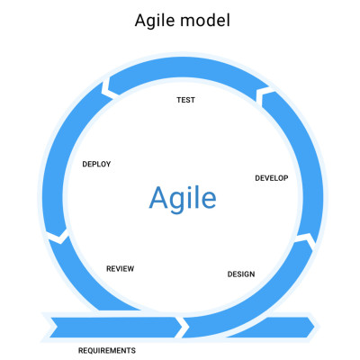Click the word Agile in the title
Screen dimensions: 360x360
pyautogui.click(x=155, y=21)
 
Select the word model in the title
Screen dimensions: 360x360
pyautogui.click(x=205, y=21)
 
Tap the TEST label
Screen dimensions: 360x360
pyautogui.click(x=185, y=100)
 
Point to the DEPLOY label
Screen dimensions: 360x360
pyautogui.click(x=96, y=164)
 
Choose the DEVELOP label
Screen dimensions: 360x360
pyautogui.click(x=272, y=178)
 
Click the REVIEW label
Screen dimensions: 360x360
pyautogui.click(x=120, y=269)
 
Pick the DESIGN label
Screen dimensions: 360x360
pyautogui.click(x=241, y=274)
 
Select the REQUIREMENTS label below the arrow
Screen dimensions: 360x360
pyautogui.click(x=107, y=350)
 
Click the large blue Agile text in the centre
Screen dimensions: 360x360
pyautogui.click(x=183, y=198)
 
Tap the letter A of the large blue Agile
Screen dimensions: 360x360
pyautogui.click(x=158, y=197)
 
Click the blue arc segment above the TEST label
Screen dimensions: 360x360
pyautogui.click(x=184, y=68)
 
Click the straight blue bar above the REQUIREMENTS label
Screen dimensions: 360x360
pyautogui.click(x=115, y=327)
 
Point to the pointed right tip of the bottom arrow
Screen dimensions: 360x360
pyautogui.click(x=315, y=327)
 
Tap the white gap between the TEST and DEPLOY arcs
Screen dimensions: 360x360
pyautogui.click(x=107, y=89)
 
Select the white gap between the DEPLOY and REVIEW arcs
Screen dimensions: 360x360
pyautogui.click(x=58, y=236)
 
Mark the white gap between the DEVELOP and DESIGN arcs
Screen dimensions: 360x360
pyautogui.click(x=307, y=239)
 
